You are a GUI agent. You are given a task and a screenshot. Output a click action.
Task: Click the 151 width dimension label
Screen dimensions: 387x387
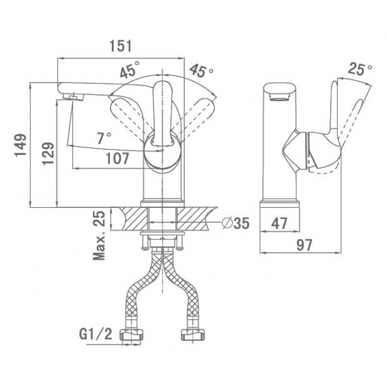coord(121,46)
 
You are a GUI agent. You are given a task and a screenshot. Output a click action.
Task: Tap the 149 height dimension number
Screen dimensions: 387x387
coord(20,145)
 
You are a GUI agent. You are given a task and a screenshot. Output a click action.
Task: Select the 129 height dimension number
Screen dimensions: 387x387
coord(48,153)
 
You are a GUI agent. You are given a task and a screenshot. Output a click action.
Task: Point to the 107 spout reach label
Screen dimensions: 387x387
coord(117,159)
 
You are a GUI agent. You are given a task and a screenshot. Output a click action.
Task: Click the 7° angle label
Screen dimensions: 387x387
coord(104,138)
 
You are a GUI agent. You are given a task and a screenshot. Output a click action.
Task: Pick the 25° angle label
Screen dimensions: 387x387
coord(360,69)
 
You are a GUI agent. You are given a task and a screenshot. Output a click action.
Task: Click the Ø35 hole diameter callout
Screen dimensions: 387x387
coord(236,223)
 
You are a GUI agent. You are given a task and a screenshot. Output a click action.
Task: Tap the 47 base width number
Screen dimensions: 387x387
coord(279,223)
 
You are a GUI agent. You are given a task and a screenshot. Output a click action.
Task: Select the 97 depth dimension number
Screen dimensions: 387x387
coord(304,245)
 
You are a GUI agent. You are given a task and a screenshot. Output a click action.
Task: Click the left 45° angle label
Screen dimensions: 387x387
coord(129,69)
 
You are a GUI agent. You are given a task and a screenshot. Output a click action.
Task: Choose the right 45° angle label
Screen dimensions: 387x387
coord(201,70)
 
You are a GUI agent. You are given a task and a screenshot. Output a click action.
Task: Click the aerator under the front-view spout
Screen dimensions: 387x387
coord(74,96)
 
